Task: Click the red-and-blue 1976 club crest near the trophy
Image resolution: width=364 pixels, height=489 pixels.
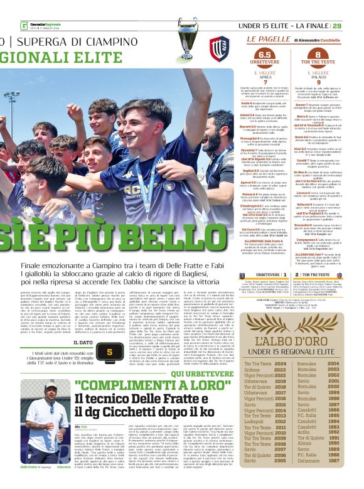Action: click(218, 46)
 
